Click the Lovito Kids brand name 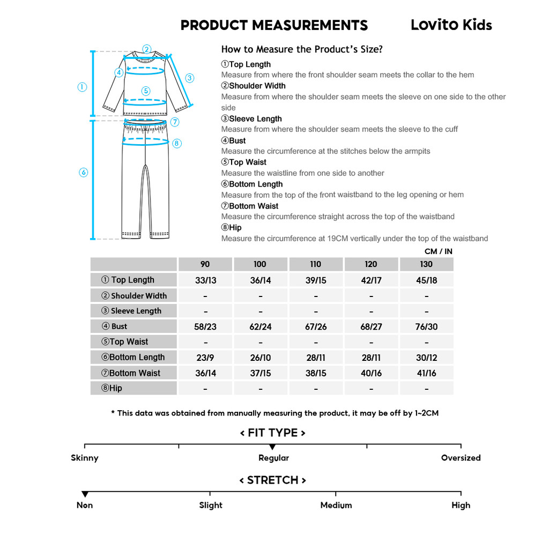pos(451,25)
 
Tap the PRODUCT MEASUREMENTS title pos(274,25)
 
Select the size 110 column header pos(316,264)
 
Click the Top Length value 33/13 pos(205,280)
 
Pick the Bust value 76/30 pos(426,327)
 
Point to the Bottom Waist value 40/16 pos(371,373)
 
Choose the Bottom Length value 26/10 pos(261,358)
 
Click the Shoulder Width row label pos(134,295)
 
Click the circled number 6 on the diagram pos(83,172)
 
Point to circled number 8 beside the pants pos(177,143)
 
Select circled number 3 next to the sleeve pos(189,78)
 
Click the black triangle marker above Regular pos(272,447)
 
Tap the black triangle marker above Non pos(85,494)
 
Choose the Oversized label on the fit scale pos(461,458)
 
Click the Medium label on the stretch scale pos(336,505)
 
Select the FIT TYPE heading pos(272,433)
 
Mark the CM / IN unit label pos(438,251)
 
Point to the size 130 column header pos(426,264)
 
